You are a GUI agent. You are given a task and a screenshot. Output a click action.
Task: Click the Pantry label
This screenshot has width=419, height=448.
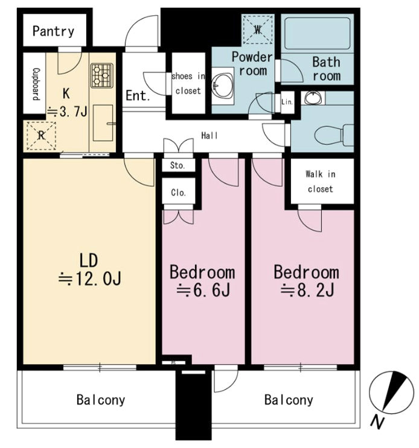coord(53,31)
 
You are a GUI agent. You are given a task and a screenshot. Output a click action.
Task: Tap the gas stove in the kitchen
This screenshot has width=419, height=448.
coord(102,75)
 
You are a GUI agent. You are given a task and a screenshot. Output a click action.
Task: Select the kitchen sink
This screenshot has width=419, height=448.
coord(103,123)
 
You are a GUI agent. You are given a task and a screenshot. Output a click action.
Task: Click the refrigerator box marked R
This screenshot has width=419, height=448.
coord(41,136)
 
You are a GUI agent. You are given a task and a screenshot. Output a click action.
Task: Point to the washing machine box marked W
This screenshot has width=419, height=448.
coord(258,30)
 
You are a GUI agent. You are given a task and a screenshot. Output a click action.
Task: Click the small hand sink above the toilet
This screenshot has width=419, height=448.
coord(313,98)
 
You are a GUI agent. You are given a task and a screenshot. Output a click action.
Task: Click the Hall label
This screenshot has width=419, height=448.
coord(210,135)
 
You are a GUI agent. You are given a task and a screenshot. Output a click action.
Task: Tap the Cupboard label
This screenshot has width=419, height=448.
coord(36,84)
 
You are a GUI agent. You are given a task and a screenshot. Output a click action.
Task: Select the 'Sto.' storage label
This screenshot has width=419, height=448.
coord(178,165)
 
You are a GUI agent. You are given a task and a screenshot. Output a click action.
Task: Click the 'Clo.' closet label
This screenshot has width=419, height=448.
coord(178,193)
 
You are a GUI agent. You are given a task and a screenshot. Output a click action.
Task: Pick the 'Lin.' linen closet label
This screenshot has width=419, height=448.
coord(287,101)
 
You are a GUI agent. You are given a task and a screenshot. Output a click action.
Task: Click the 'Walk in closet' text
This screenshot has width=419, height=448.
coord(321,181)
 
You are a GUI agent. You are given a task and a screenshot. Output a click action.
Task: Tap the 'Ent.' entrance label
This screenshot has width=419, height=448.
coord(138,95)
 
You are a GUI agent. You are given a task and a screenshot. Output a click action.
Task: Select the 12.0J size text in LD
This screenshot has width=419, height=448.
coord(90,278)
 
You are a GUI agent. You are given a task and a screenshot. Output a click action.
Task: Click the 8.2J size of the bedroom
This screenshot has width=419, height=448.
coord(307,290)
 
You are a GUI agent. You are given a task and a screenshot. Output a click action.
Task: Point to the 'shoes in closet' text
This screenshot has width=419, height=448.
coord(188,83)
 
